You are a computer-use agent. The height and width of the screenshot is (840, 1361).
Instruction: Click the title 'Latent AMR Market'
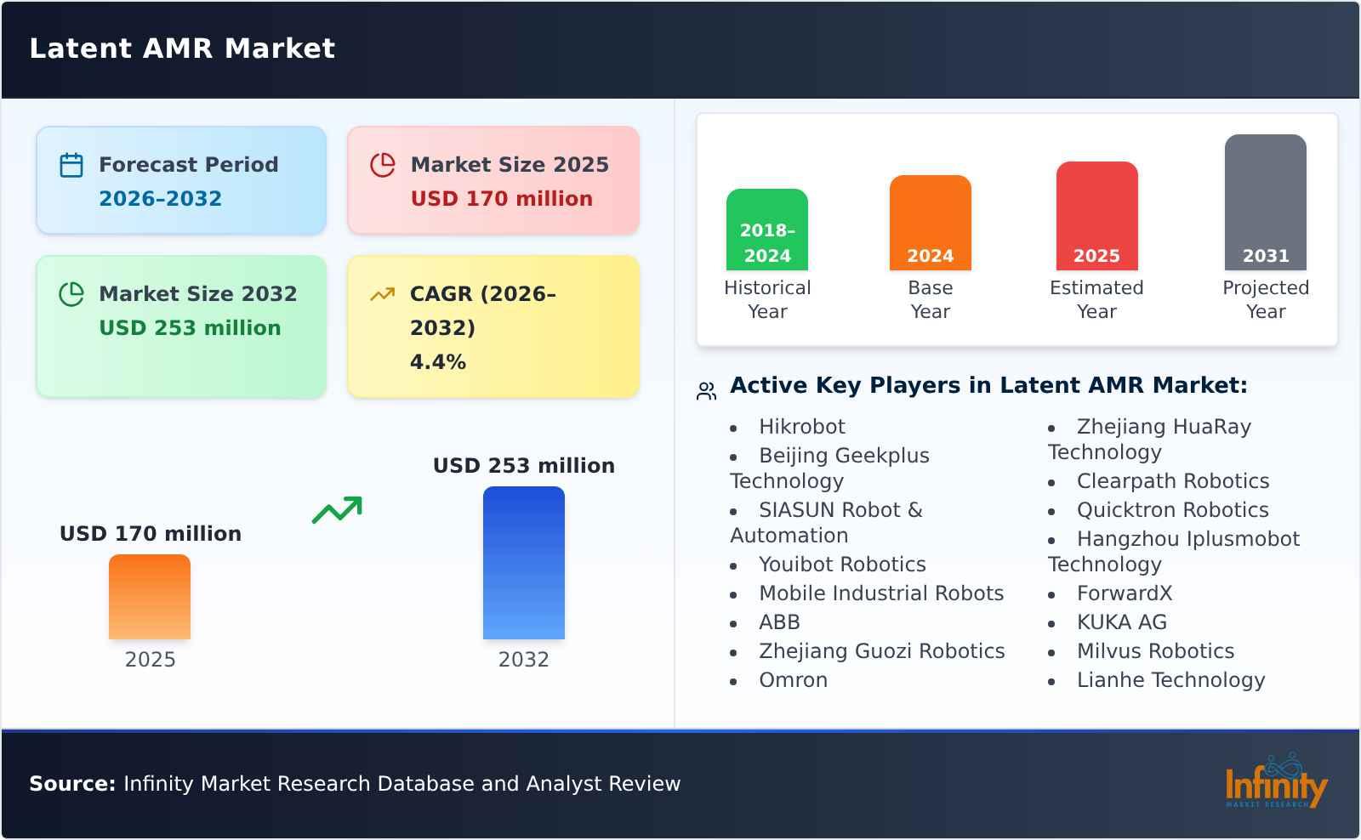tap(182, 48)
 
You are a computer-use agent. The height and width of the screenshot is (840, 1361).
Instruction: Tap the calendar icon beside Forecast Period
tap(71, 165)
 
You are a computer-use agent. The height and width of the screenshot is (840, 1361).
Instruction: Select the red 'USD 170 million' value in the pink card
tap(501, 199)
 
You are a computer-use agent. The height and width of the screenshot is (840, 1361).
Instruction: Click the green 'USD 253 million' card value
tap(190, 328)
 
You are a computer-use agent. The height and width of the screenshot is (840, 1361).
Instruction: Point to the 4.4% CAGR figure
tap(437, 362)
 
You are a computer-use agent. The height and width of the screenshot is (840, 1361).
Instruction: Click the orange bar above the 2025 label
tap(150, 597)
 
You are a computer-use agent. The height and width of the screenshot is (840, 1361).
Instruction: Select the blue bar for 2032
tap(523, 563)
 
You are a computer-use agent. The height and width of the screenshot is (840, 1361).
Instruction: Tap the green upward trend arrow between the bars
tap(337, 510)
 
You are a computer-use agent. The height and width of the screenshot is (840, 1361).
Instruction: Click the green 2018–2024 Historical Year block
tap(767, 230)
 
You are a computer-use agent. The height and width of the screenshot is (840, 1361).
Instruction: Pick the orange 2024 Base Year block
tap(930, 223)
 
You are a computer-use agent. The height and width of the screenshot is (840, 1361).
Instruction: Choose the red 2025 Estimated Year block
tap(1096, 216)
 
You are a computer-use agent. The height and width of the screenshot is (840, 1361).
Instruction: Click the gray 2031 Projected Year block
tap(1265, 202)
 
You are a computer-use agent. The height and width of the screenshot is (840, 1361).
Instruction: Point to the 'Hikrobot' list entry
tap(801, 427)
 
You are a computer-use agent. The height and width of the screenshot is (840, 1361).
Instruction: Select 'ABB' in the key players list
tap(779, 622)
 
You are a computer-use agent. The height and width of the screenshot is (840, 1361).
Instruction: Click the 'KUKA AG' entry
tap(1121, 622)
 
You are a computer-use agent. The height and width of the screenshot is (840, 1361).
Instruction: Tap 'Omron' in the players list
tap(793, 680)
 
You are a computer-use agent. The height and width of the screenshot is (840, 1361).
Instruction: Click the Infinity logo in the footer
tap(1275, 782)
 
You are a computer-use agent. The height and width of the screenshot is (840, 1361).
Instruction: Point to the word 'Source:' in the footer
tap(72, 784)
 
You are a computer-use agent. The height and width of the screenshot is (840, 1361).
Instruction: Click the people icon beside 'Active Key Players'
tap(706, 391)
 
